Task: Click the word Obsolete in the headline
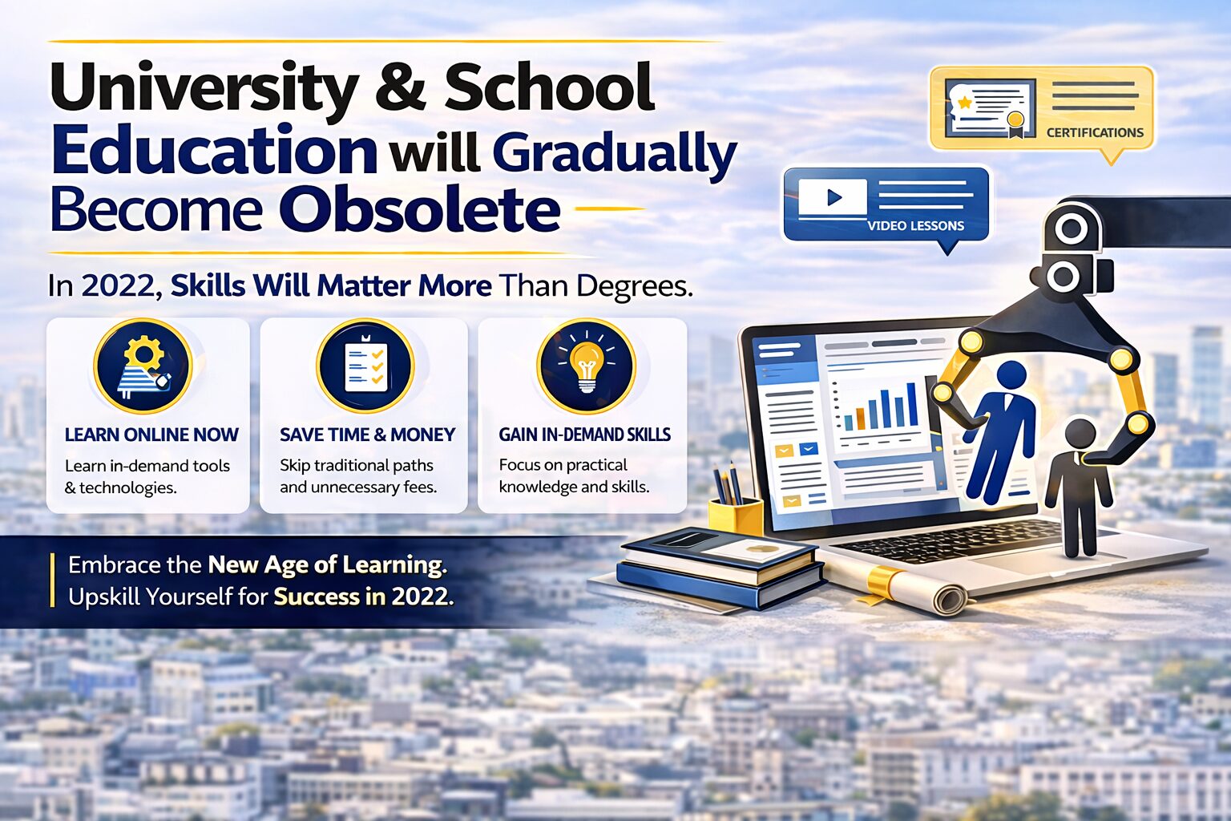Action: [x=419, y=210]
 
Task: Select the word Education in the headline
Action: [x=214, y=150]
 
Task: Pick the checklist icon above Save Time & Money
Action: [x=365, y=366]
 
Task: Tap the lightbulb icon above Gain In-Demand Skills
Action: [x=587, y=366]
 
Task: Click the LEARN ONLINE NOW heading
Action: [x=151, y=435]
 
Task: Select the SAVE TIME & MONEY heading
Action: [x=367, y=435]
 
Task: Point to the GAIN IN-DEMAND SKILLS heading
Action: [x=584, y=435]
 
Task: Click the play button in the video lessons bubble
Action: [x=833, y=197]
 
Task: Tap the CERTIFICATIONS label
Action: [x=1095, y=132]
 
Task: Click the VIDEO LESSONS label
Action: [x=915, y=226]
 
